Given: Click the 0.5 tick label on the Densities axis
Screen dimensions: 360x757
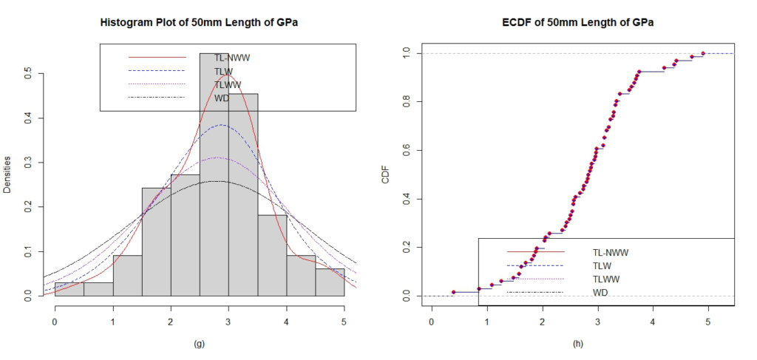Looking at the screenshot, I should (x=28, y=74).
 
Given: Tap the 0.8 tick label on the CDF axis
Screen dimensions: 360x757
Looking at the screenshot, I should (x=405, y=101).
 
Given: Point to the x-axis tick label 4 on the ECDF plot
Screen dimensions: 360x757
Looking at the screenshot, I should (x=653, y=322).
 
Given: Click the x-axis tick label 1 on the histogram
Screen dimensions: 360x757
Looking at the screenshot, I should (x=113, y=322).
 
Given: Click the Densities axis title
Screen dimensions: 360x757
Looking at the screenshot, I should (x=8, y=174).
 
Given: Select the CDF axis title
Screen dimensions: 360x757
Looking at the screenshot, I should (x=386, y=174).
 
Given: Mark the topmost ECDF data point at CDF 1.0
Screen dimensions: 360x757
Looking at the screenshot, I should (x=703, y=53).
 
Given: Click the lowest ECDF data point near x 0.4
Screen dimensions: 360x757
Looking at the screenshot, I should (x=454, y=292).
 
